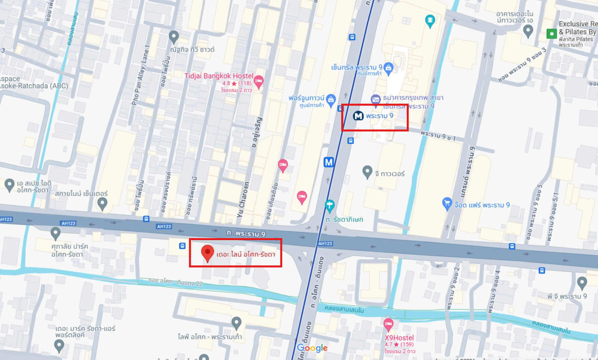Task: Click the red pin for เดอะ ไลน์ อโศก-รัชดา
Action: (x=207, y=253)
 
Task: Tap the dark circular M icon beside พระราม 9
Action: (x=358, y=116)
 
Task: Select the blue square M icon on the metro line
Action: (x=329, y=162)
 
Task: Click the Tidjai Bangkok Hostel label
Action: (x=219, y=76)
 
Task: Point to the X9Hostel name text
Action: (x=399, y=338)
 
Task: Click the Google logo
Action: (x=312, y=348)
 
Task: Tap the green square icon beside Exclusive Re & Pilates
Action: (x=551, y=34)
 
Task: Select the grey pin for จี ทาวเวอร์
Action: (x=367, y=172)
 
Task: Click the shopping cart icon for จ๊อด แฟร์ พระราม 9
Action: (x=447, y=204)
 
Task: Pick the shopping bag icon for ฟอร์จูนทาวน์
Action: (x=331, y=100)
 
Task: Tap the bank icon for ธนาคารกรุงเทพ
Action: (x=375, y=99)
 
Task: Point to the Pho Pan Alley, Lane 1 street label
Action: (x=141, y=75)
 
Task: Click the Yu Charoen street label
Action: (x=243, y=200)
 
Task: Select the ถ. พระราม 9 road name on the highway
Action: (x=246, y=233)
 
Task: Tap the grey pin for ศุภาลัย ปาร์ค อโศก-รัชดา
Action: (x=55, y=233)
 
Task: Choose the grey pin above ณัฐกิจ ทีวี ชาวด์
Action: (x=173, y=37)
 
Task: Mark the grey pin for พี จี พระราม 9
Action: (x=582, y=283)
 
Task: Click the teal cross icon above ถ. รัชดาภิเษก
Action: (x=329, y=206)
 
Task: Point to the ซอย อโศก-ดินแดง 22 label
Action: (x=175, y=282)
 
